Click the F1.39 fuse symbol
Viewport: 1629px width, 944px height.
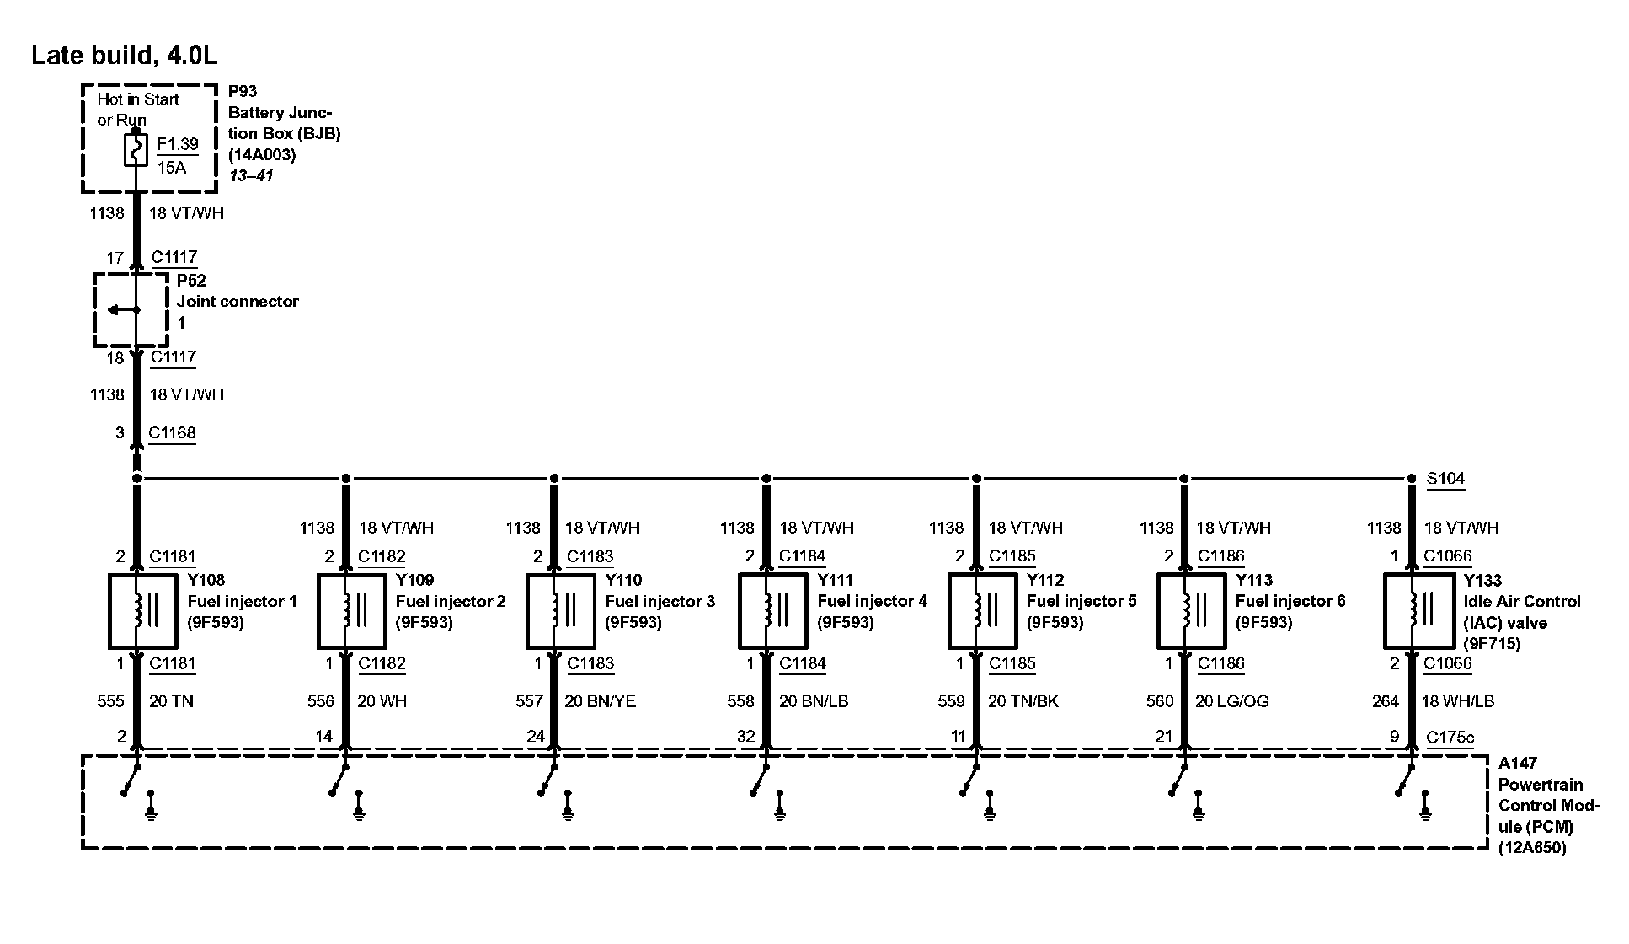[136, 151]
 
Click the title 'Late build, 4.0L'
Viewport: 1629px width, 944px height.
[124, 56]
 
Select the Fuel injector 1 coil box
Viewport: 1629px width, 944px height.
[143, 611]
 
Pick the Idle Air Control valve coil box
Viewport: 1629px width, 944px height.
[1418, 611]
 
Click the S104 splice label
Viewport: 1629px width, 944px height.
[1445, 479]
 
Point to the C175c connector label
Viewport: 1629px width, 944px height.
[1450, 737]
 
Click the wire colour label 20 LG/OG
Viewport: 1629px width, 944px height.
[1231, 701]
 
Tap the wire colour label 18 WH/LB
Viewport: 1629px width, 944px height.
[1459, 701]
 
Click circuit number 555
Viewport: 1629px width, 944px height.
[110, 701]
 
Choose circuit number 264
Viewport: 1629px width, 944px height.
[1386, 701]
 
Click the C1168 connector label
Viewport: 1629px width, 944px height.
[172, 433]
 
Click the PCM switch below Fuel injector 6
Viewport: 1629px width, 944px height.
[1178, 780]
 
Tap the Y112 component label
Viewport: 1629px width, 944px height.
[1045, 580]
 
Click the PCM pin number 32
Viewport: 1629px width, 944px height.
[746, 737]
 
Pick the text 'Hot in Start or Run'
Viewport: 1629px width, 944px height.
[138, 110]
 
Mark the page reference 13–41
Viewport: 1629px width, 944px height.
[251, 176]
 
